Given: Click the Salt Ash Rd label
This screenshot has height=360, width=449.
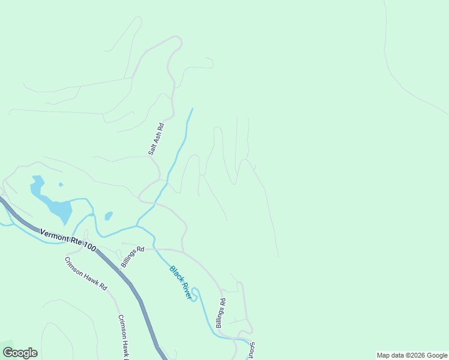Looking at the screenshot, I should (156, 139).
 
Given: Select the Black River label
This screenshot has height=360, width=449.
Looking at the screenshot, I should (181, 283).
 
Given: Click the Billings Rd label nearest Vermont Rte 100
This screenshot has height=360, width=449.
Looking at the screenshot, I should (133, 256).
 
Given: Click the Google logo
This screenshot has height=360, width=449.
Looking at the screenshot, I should (20, 353).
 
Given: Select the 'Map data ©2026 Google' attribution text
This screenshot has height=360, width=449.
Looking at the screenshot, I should (412, 355).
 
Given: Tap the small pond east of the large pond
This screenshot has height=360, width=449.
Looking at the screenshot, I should (109, 215).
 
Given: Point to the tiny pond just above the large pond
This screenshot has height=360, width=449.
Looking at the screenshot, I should (61, 185).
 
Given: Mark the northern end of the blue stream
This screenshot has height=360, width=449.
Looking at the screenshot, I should (192, 109).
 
